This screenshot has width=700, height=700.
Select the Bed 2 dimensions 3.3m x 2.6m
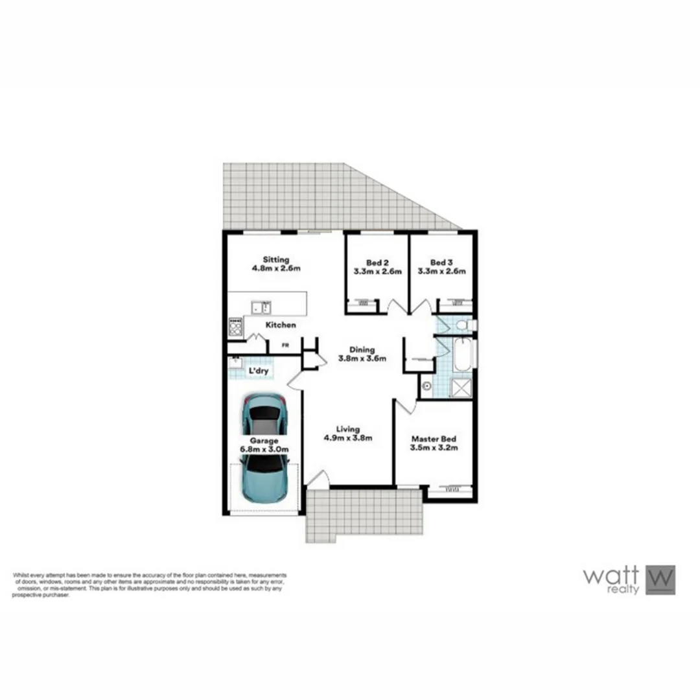(x=377, y=272)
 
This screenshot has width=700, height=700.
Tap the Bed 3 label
(x=441, y=262)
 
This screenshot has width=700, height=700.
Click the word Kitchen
(x=281, y=325)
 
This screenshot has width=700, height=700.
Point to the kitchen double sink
(x=263, y=307)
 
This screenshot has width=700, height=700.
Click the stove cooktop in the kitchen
(x=235, y=327)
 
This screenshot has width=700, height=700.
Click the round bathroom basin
(x=426, y=387)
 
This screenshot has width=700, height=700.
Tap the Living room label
(x=348, y=428)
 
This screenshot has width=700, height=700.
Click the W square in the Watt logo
(x=660, y=579)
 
